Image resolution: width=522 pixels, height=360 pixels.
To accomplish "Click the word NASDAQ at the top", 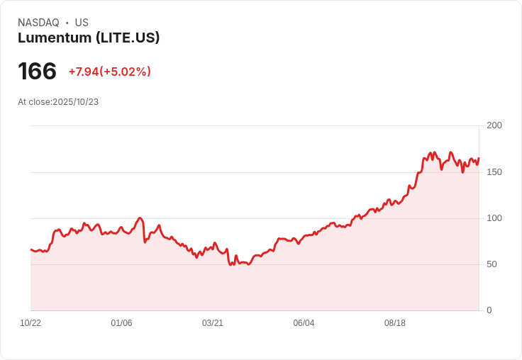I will [38, 23].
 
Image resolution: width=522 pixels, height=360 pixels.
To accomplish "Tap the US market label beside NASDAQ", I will [82, 23].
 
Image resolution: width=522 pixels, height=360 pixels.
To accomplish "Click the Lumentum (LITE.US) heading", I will [89, 38].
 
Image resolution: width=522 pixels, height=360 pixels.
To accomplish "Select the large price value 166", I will [37, 72].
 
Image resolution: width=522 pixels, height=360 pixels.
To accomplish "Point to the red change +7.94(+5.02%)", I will [110, 72].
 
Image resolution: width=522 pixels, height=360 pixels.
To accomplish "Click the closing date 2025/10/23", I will [75, 102].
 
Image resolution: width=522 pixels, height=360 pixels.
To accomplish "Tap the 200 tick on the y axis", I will [494, 125].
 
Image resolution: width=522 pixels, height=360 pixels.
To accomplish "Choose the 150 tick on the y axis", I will [494, 172].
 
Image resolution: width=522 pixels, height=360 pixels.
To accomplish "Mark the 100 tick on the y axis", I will [494, 218].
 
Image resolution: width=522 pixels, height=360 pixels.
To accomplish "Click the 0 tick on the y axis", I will [489, 310].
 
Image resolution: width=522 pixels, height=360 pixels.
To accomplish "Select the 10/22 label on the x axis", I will [30, 323].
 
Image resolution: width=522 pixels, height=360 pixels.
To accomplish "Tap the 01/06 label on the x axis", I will [121, 323].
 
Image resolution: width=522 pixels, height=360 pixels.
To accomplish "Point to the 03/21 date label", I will [213, 323].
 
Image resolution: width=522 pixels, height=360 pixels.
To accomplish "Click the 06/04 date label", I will [304, 323].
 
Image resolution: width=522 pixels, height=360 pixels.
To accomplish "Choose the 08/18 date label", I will [395, 323].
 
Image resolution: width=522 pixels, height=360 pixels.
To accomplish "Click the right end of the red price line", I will [479, 159].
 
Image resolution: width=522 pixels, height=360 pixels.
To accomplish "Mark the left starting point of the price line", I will [31, 249].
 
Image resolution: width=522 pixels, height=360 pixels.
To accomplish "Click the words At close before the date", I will [35, 102].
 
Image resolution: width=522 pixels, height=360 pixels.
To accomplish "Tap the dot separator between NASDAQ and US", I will [67, 23].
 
